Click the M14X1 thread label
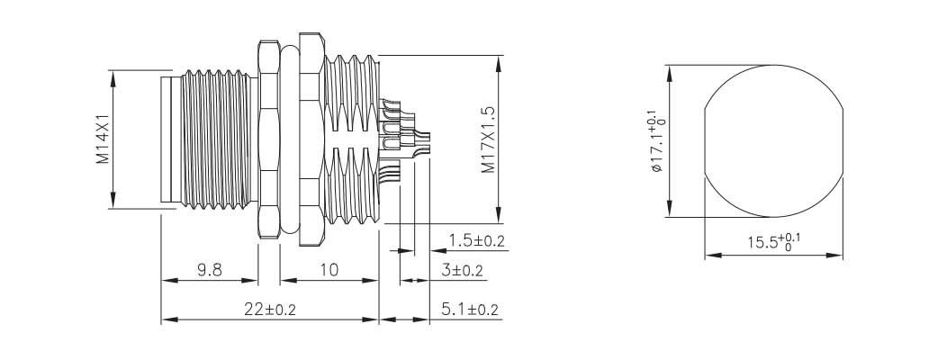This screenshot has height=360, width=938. coord(103,139)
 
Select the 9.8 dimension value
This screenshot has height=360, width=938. coord(209,269)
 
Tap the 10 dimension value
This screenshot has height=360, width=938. coord(329,269)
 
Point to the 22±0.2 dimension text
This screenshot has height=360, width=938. coord(269,310)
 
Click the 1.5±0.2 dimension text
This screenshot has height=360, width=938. coord(476,240)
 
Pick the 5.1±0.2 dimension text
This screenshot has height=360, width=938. coord(471,310)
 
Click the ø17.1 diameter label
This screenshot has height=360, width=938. coord(654,140)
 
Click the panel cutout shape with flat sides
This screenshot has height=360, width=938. coord(774,140)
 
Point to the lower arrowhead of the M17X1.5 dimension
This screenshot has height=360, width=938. coord(498,216)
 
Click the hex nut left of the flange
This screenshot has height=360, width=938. coord(269,139)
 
